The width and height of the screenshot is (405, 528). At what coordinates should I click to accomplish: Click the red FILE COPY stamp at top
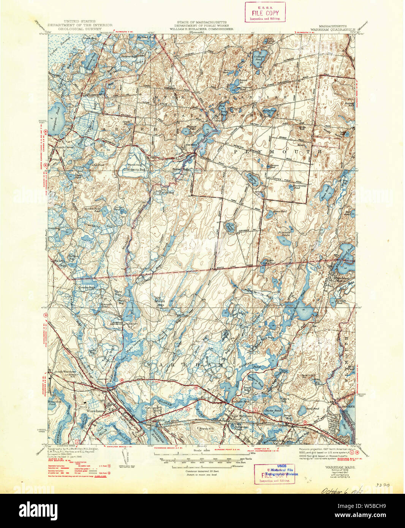click(x=265, y=12)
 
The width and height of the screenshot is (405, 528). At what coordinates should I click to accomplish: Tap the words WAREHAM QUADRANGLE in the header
click(x=332, y=28)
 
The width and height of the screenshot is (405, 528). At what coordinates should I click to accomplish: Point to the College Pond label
click(x=259, y=58)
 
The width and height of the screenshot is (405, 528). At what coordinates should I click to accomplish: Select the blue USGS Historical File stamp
click(x=282, y=470)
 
